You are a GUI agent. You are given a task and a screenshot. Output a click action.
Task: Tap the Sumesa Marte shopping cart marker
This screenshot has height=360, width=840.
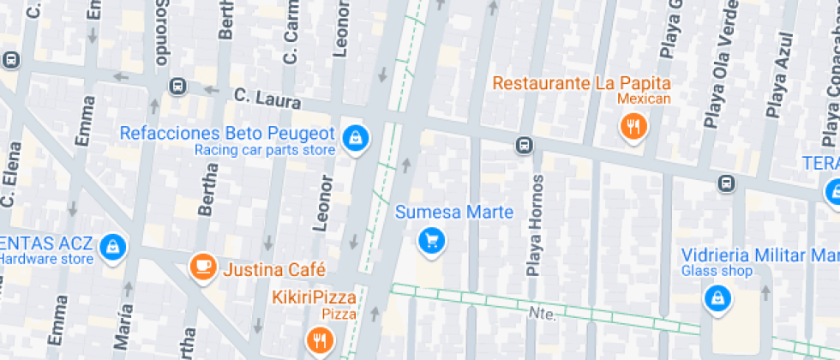(x=431, y=240)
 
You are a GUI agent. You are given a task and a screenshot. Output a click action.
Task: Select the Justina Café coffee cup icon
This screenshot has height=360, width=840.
(x=202, y=267)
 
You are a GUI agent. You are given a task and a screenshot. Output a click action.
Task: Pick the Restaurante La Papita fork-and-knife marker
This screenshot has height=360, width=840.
(x=633, y=128)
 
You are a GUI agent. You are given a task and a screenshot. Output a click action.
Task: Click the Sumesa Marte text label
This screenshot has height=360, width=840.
(x=454, y=212)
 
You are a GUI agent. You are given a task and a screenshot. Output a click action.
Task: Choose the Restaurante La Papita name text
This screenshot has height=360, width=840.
(x=580, y=83)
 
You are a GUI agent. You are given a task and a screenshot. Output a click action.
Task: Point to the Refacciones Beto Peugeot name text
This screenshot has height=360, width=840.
(x=226, y=133)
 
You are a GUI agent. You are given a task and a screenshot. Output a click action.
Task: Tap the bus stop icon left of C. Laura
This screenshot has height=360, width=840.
(x=177, y=86)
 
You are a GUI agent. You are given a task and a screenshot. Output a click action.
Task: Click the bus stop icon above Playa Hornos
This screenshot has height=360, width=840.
(x=524, y=146)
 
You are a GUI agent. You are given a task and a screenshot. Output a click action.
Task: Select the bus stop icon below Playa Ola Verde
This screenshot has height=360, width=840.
(x=726, y=183)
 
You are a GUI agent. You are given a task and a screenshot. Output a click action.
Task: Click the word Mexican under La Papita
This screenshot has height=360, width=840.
(x=644, y=99)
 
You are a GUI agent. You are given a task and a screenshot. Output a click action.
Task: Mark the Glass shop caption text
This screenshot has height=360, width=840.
(x=717, y=272)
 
